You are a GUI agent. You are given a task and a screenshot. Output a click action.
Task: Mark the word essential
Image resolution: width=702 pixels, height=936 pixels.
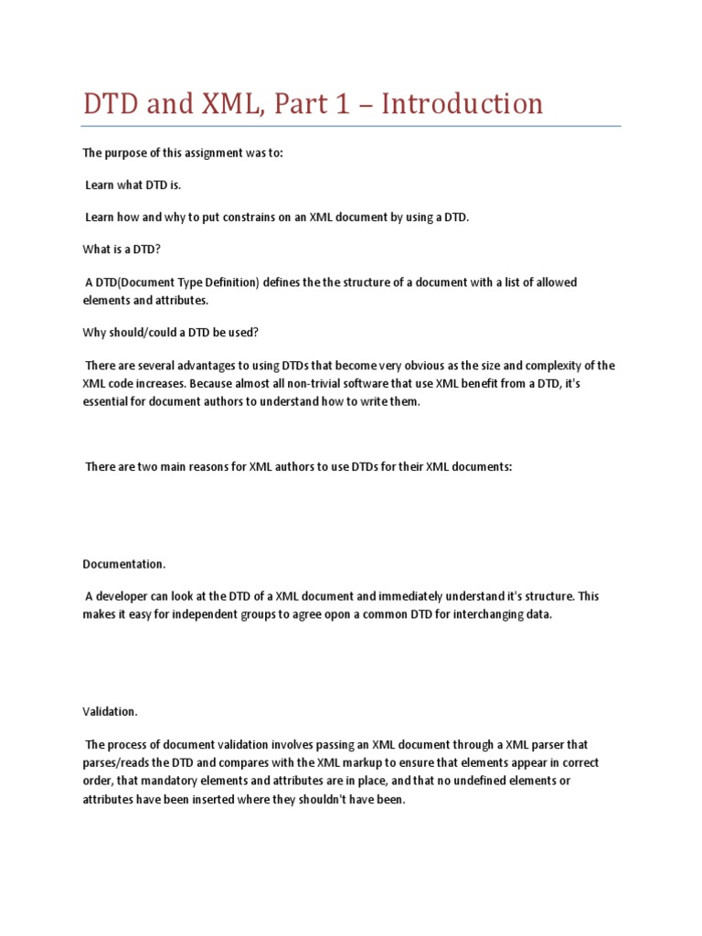[107, 402]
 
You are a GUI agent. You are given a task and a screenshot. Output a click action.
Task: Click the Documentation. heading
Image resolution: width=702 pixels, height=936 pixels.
[124, 564]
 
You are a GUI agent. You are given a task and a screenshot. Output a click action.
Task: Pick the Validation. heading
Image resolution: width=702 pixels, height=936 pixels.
[111, 710]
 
